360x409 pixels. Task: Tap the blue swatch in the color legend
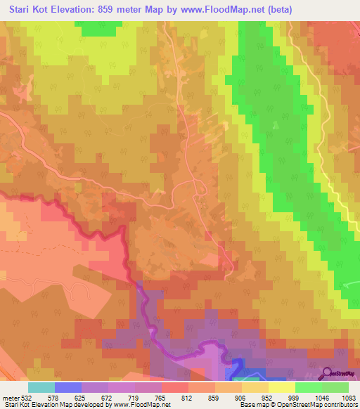tap(67, 388)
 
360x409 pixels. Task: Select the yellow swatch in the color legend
tap(281, 388)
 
